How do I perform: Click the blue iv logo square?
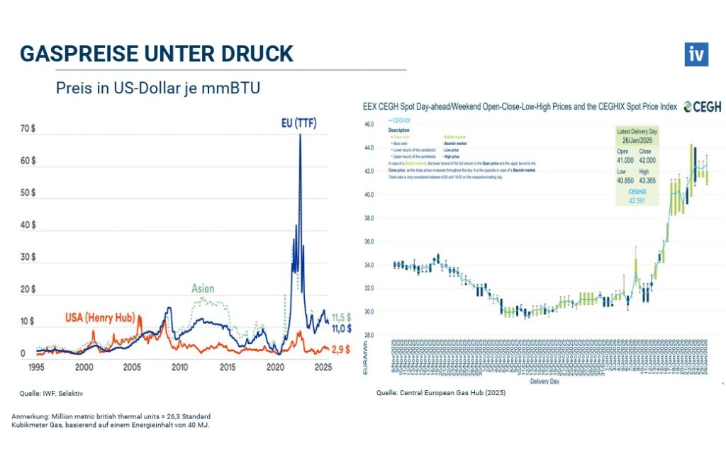(x=696, y=55)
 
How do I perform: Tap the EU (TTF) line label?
(x=296, y=124)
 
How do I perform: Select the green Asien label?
(x=202, y=289)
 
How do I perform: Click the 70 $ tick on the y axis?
(x=28, y=129)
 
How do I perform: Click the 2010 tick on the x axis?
(x=179, y=367)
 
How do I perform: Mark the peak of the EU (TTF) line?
(x=300, y=135)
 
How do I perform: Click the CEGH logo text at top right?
(x=704, y=107)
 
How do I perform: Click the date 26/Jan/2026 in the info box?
(x=637, y=139)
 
